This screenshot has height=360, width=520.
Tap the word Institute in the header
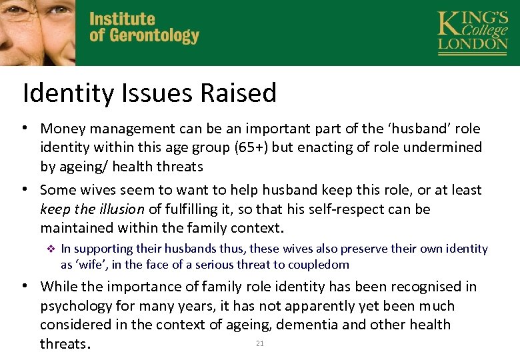tap(122, 19)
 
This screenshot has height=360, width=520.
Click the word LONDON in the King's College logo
tap(473, 44)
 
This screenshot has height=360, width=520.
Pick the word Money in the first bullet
tap(62, 128)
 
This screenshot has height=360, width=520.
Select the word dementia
tap(315, 325)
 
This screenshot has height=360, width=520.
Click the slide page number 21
tap(260, 343)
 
